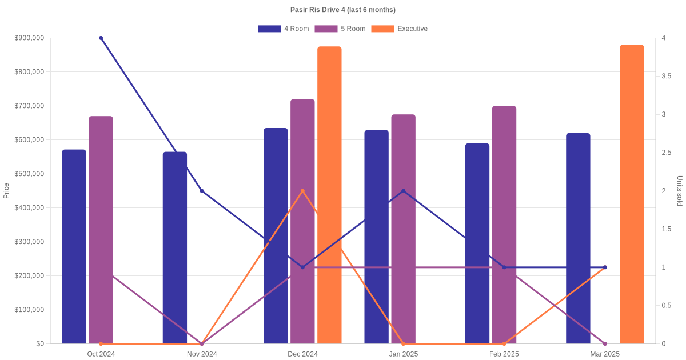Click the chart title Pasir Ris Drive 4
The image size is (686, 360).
343,10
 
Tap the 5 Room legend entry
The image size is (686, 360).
340,29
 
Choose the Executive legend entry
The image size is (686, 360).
399,29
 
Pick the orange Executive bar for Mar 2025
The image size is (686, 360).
632,194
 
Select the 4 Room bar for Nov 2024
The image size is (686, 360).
175,247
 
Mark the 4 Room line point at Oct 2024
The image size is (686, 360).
101,38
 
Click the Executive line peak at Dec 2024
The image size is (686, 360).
302,191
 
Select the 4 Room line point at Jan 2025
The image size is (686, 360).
403,191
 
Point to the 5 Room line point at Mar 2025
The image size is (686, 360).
605,343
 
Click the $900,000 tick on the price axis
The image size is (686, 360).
29,38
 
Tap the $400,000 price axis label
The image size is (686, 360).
29,208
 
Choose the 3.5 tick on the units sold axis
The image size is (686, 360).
667,76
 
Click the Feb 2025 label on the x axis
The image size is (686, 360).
504,354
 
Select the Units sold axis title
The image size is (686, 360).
679,191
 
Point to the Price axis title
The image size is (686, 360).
6,191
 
